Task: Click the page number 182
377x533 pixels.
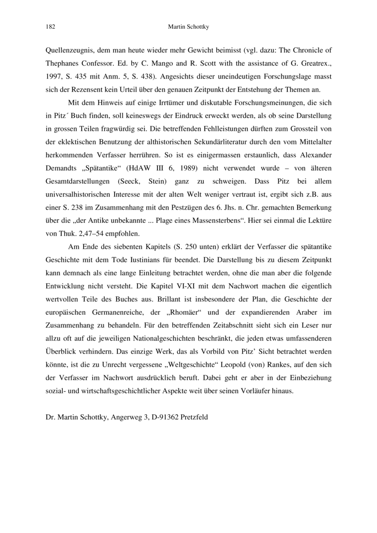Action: (50, 27)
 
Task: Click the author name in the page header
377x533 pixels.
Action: (188, 27)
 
